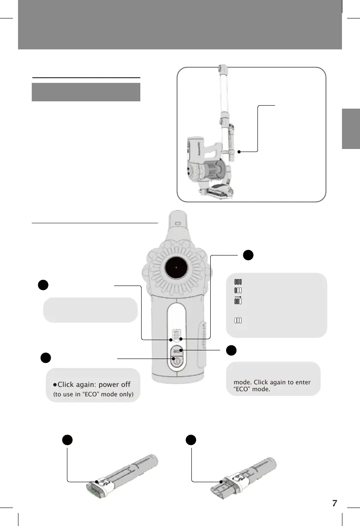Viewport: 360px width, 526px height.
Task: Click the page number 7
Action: tap(335, 503)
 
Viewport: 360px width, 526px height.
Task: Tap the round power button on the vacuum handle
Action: tap(175, 362)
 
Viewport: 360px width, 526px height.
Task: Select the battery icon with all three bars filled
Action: tap(238, 282)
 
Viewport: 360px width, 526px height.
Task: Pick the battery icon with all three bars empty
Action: tap(238, 320)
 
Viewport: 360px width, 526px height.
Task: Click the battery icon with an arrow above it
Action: tap(238, 301)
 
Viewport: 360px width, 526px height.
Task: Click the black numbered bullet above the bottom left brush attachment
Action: tap(66, 440)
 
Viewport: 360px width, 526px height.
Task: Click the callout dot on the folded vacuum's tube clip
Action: tap(239, 152)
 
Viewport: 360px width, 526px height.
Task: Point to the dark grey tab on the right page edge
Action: tap(351, 129)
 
